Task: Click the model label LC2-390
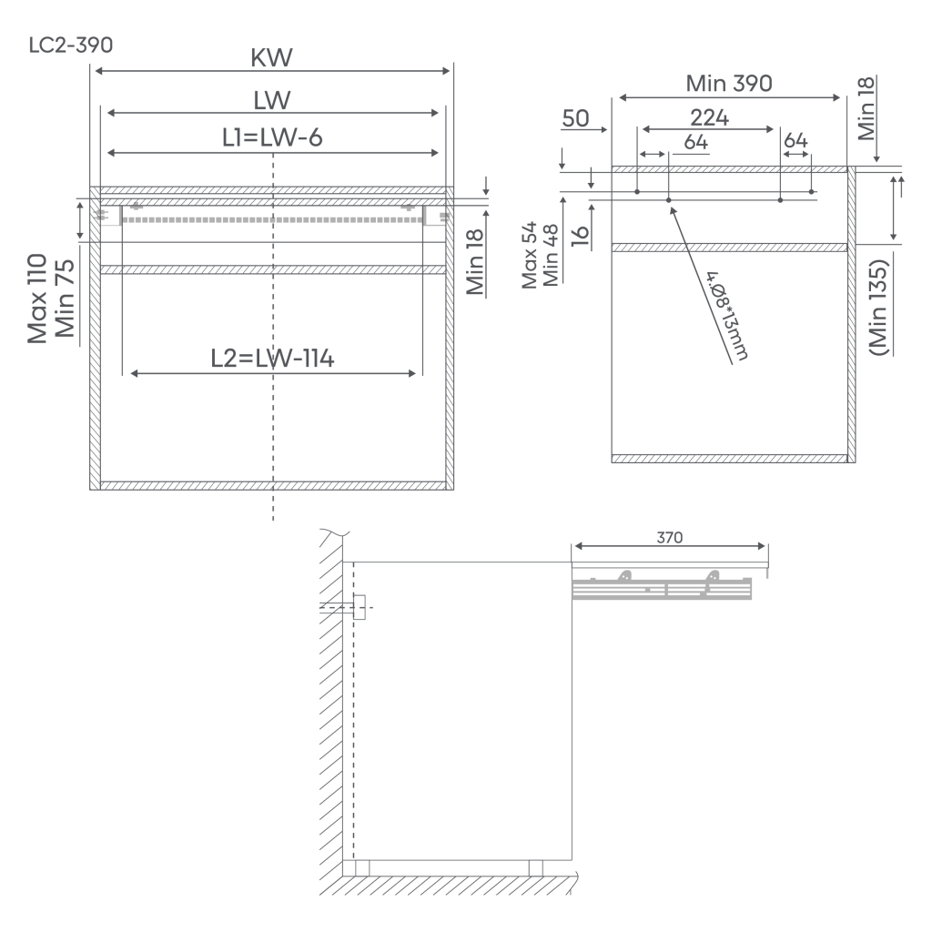[71, 46]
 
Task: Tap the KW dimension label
[271, 57]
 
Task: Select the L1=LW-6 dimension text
[272, 137]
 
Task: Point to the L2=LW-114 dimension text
[272, 359]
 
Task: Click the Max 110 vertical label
[37, 299]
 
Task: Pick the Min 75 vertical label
[65, 299]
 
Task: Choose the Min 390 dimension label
[729, 83]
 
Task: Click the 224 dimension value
[709, 117]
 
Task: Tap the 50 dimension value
[575, 118]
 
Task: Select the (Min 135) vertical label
[878, 308]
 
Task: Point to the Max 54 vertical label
[529, 255]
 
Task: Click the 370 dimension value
[669, 537]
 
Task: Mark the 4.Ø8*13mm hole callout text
[727, 316]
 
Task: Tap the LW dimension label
[271, 100]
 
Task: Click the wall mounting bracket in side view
[359, 607]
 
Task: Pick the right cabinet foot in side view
[535, 867]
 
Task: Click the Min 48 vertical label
[551, 255]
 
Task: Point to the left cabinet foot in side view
[362, 867]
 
